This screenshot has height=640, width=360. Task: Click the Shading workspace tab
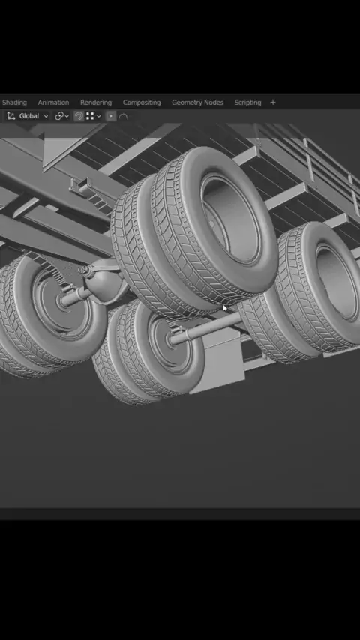(14, 103)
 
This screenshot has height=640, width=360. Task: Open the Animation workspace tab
(53, 103)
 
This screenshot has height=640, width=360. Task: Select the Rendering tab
(95, 103)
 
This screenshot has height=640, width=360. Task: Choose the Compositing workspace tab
(142, 103)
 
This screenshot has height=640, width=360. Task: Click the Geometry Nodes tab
(197, 103)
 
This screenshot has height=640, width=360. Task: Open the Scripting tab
(247, 103)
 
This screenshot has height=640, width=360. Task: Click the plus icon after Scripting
(273, 103)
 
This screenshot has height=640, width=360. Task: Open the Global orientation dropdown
(28, 116)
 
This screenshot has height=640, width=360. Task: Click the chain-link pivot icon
(59, 116)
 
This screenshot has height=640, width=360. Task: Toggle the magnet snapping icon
(79, 116)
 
